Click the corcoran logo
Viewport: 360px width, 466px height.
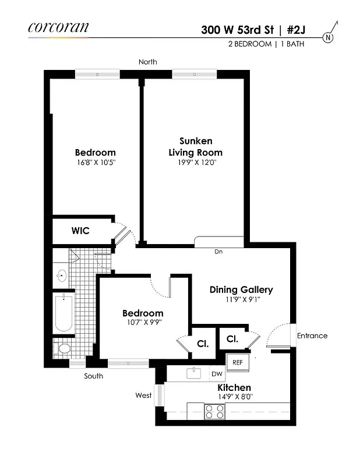pyautogui.click(x=58, y=27)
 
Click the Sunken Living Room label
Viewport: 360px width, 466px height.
pyautogui.click(x=195, y=147)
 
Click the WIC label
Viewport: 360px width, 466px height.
pyautogui.click(x=80, y=231)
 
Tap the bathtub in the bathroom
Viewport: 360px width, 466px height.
pyautogui.click(x=63, y=313)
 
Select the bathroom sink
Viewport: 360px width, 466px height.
pyautogui.click(x=62, y=276)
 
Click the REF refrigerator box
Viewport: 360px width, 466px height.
pyautogui.click(x=237, y=362)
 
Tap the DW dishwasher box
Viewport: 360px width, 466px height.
pyautogui.click(x=217, y=373)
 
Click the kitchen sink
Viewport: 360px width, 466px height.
pyautogui.click(x=194, y=373)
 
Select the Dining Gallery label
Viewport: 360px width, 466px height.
pyautogui.click(x=241, y=290)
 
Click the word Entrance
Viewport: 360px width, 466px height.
pyautogui.click(x=312, y=336)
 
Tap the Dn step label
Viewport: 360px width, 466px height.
pyautogui.click(x=218, y=252)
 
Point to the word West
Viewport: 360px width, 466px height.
pyautogui.click(x=143, y=396)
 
